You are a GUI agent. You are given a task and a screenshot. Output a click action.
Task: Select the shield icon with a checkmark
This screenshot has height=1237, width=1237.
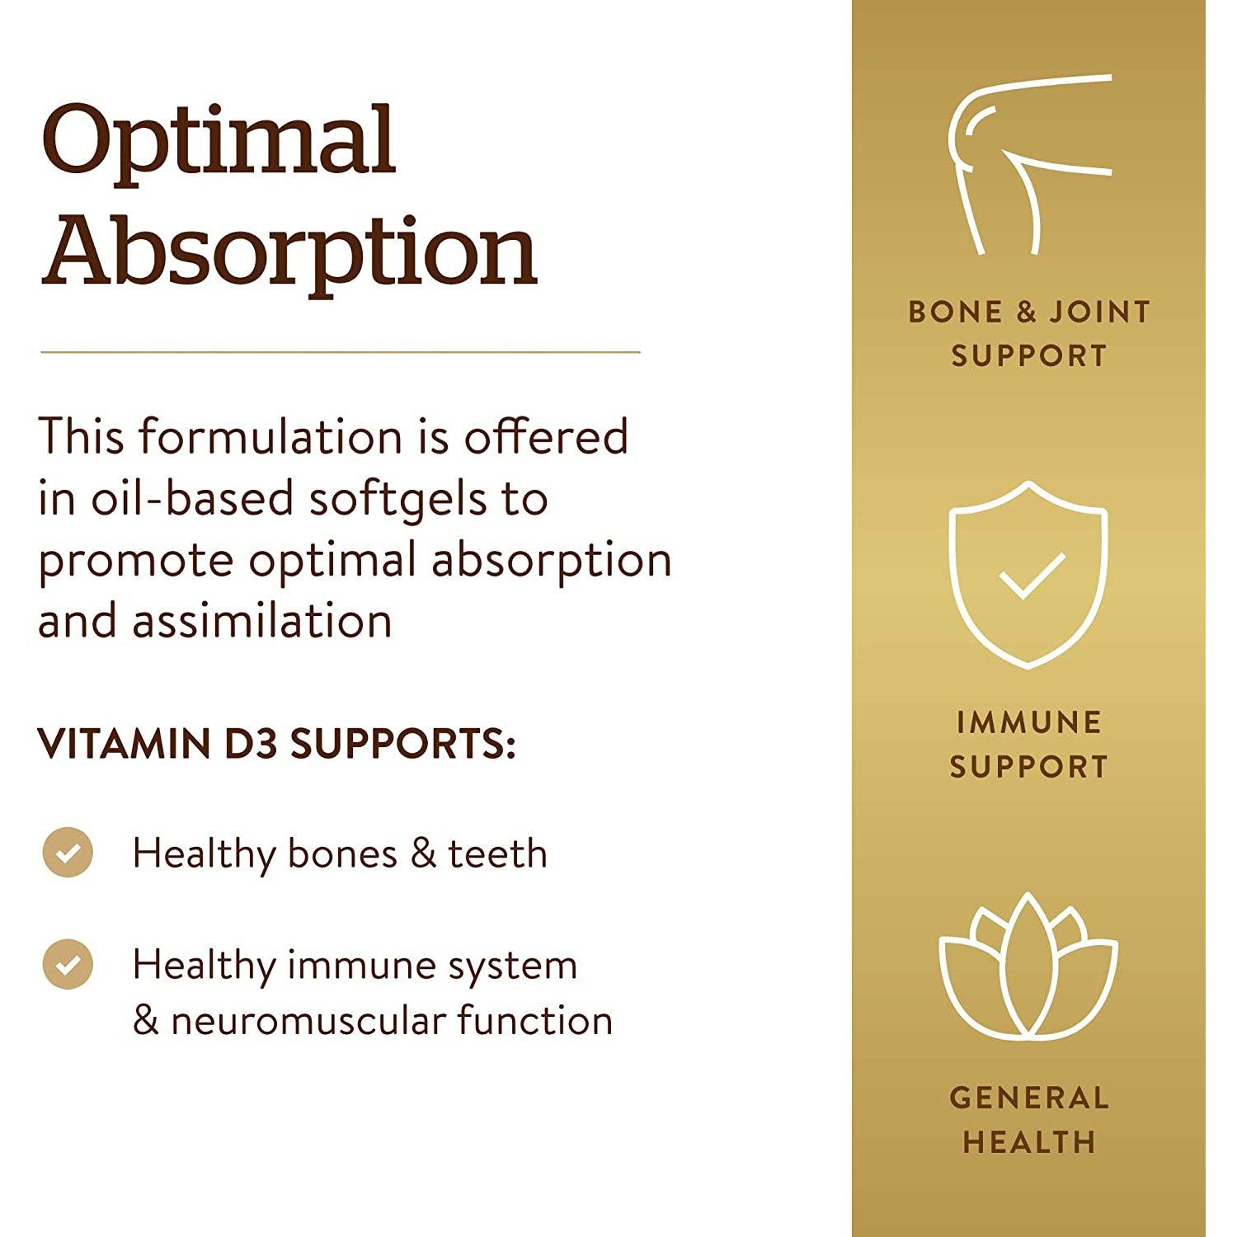click(1028, 575)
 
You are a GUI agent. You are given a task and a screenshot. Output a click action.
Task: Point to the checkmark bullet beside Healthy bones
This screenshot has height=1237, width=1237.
click(68, 852)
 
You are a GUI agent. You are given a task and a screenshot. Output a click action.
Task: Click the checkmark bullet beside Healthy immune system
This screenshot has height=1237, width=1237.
click(68, 963)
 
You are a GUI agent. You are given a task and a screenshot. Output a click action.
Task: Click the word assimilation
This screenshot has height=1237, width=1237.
click(262, 621)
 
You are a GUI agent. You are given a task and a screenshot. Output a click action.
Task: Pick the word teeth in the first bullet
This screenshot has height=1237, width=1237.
click(497, 854)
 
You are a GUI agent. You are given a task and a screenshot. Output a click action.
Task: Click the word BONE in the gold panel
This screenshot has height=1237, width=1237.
click(955, 312)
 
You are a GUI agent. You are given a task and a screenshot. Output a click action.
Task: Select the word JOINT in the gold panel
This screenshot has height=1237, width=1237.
click(1099, 312)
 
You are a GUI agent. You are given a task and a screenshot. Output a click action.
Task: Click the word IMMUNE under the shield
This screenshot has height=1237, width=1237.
click(1028, 722)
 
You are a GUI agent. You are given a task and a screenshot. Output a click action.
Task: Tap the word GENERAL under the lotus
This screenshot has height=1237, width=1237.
click(1028, 1098)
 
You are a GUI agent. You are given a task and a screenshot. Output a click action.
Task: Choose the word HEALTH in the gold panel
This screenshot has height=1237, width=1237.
click(1028, 1142)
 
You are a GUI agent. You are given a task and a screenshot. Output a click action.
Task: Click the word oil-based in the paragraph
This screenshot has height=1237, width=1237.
click(191, 500)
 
